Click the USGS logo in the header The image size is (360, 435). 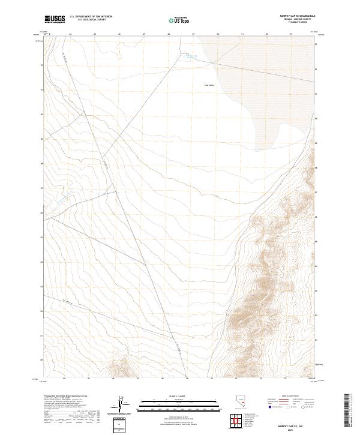pyautogui.click(x=55, y=19)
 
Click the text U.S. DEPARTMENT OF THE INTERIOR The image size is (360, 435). pyautogui.click(x=91, y=17)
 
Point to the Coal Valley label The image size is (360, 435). pyautogui.click(x=209, y=85)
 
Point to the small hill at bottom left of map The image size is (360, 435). pyautogui.click(x=119, y=367)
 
